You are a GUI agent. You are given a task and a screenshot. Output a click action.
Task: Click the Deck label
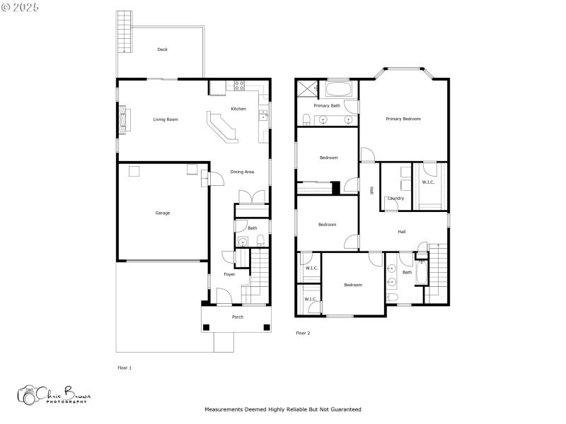tap(163, 49)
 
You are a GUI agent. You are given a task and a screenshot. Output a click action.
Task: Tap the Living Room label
tap(166, 119)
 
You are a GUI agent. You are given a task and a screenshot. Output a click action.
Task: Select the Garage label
tap(163, 213)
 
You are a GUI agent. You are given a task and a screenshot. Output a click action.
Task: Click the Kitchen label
tap(238, 109)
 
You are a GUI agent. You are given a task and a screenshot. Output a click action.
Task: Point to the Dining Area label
tap(242, 172)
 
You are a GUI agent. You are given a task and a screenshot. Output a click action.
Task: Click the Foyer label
tap(229, 274)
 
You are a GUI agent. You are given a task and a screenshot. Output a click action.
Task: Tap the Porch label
tap(238, 317)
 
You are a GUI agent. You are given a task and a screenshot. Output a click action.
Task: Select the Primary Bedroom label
tap(403, 119)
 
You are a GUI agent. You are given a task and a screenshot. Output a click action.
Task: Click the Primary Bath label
tap(327, 106)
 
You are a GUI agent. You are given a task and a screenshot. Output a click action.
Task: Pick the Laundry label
tap(395, 198)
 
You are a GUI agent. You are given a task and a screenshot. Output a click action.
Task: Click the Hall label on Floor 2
tap(402, 232)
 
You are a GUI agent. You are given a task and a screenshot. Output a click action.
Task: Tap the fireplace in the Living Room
tap(125, 119)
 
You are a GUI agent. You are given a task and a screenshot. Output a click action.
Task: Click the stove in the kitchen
tap(239, 87)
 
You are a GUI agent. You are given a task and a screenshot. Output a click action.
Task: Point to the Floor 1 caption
tap(125, 368)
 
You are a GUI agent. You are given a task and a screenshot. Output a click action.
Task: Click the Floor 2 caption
tap(303, 333)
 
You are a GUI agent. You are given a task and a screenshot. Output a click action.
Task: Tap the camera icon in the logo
tap(28, 395)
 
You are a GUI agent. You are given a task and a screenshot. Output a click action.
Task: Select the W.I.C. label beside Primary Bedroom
tap(428, 182)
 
